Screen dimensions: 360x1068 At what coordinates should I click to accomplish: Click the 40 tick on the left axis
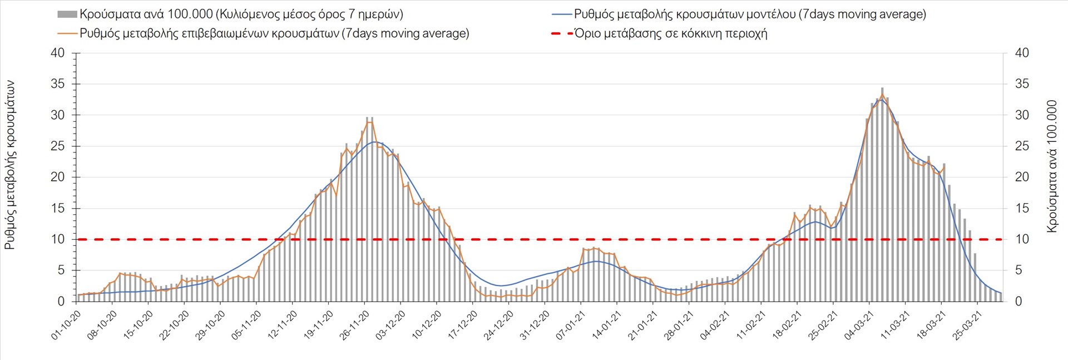[x=58, y=53]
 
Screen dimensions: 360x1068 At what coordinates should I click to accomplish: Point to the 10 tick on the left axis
[x=58, y=239]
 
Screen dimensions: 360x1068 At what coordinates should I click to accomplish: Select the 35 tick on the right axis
[x=1022, y=84]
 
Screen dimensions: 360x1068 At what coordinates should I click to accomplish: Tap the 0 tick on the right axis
[x=1018, y=301]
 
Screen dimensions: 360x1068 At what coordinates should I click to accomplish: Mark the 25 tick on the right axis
[x=1022, y=146]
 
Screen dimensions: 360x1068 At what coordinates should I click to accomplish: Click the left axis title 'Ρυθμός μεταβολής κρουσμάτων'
[x=9, y=165]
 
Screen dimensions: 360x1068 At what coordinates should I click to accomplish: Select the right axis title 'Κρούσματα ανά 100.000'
[x=1051, y=166]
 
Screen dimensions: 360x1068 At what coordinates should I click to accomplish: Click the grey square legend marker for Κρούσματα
[x=67, y=14]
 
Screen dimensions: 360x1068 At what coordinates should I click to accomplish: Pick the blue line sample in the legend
[x=561, y=14]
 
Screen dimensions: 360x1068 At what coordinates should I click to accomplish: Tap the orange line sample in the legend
[x=67, y=33]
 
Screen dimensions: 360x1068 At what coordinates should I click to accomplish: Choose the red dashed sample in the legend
[x=561, y=33]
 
